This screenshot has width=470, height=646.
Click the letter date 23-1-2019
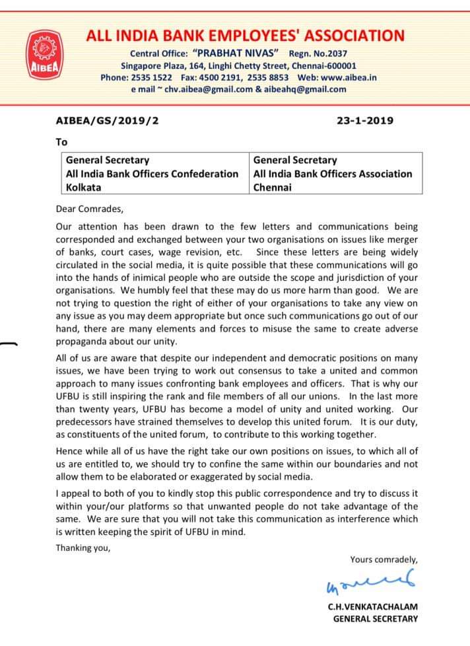point(365,121)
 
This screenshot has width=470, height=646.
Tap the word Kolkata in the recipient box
point(83,187)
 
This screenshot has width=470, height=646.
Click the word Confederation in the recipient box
point(205,173)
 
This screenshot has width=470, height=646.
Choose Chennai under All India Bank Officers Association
point(272,187)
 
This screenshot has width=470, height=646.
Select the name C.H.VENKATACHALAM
point(372,606)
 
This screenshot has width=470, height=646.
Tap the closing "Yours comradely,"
point(384,559)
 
